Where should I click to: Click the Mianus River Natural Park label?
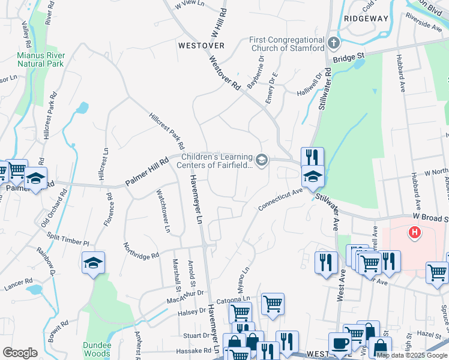coord(40,58)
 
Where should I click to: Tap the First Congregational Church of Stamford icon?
coord(334,43)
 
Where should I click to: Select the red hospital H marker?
coord(414,232)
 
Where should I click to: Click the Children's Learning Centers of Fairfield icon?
coord(261,160)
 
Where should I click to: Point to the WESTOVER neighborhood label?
coord(201,45)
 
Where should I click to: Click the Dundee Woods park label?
coord(97,349)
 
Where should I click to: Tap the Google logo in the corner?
coord(20,353)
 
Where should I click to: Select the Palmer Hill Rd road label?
coord(147,172)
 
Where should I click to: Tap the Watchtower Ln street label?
coord(163,211)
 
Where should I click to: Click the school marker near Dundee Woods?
coord(93,263)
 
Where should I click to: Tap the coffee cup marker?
coord(340,344)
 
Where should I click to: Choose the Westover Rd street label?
coord(225,73)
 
